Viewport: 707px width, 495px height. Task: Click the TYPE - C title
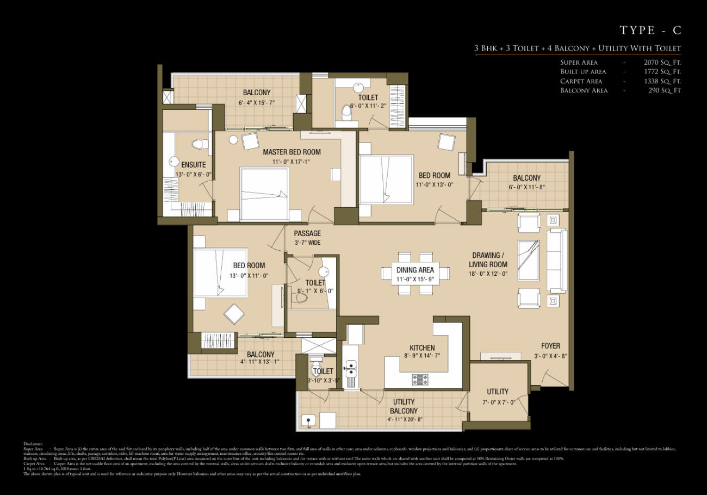(x=650, y=30)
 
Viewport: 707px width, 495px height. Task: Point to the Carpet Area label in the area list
(x=581, y=81)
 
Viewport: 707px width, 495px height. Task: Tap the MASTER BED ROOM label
(x=292, y=152)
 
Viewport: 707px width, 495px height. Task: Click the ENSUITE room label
(x=194, y=165)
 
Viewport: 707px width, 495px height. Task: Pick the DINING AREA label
(x=415, y=270)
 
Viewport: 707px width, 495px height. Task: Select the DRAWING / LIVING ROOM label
(x=488, y=260)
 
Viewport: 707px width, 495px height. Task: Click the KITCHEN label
(x=422, y=348)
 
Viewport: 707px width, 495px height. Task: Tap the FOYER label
(x=550, y=346)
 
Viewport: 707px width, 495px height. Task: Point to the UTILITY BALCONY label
(x=404, y=407)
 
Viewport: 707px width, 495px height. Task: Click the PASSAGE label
(x=307, y=234)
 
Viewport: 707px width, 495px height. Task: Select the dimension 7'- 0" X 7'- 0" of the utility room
(x=498, y=403)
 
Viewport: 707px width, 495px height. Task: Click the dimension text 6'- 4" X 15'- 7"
(x=257, y=103)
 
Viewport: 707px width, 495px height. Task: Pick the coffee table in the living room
(x=529, y=260)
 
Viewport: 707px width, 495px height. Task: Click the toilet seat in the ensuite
(x=200, y=144)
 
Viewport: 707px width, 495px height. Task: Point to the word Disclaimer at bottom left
(x=33, y=444)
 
